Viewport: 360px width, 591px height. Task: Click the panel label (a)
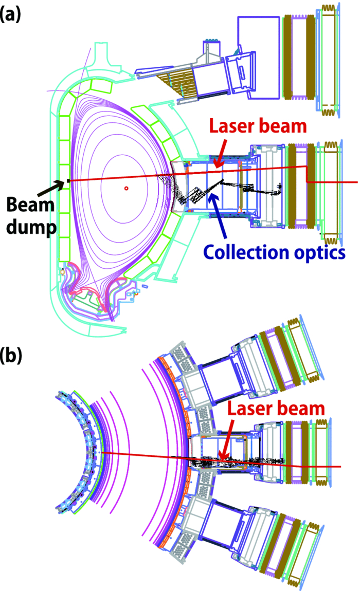click(x=11, y=14)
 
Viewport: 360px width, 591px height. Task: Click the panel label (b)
click(x=11, y=356)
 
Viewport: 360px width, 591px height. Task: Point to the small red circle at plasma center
click(x=125, y=189)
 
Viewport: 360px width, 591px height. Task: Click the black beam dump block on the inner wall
click(x=67, y=180)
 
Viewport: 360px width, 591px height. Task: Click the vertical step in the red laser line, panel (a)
click(x=307, y=174)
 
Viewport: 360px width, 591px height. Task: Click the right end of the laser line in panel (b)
click(x=339, y=467)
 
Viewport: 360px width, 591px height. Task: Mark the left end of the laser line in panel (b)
click(x=103, y=453)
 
